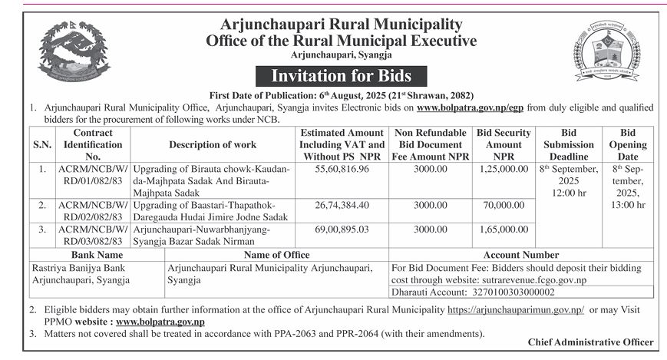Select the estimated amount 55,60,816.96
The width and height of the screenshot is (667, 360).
coord(342,169)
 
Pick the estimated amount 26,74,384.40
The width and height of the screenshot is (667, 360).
coord(342,205)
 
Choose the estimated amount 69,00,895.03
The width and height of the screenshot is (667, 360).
coord(342,229)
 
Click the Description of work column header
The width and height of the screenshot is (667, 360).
coord(212,144)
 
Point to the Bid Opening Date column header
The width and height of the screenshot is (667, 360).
coord(628,144)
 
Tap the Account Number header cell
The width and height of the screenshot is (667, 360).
coord(521,255)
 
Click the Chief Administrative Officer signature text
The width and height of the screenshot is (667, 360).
coord(591,342)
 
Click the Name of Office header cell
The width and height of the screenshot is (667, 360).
coord(276,255)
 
